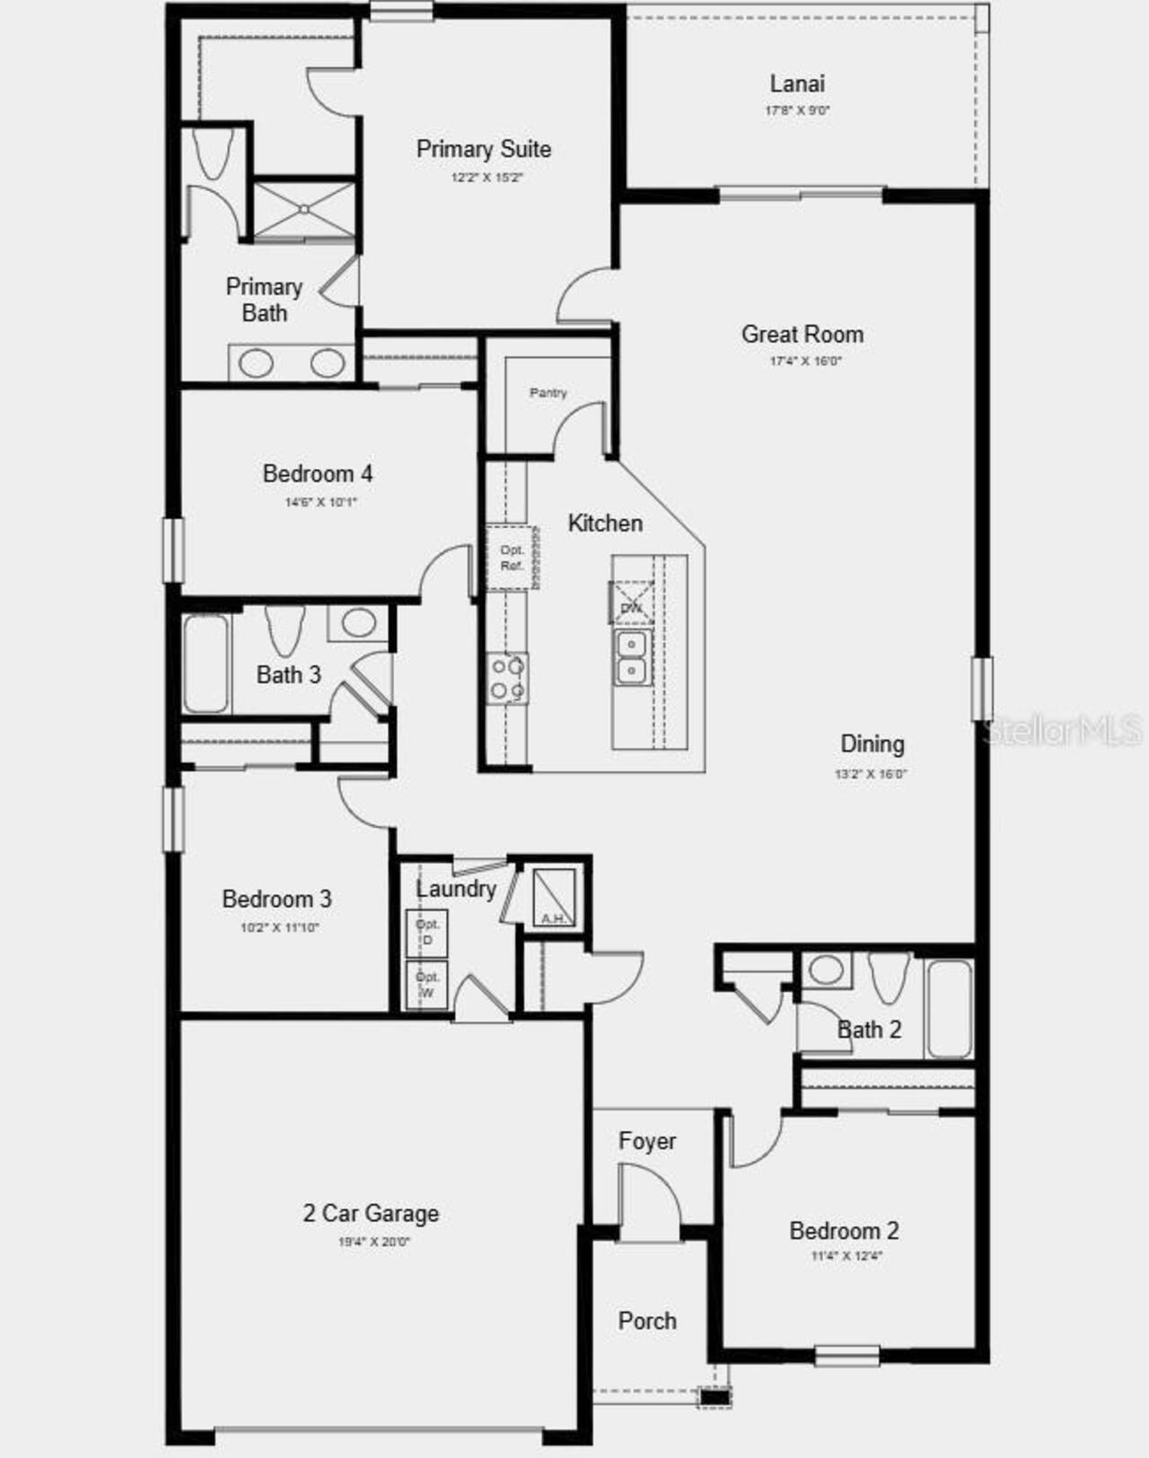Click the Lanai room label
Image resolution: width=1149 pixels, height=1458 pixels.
797,83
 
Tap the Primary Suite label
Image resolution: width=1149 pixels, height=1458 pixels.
484,149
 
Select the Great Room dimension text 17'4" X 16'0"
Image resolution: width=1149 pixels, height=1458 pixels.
805,362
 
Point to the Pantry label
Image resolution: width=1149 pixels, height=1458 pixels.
548,392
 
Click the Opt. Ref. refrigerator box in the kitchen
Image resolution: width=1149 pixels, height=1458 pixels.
512,558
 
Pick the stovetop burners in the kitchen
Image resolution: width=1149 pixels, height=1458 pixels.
506,678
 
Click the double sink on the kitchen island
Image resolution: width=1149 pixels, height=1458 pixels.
631,657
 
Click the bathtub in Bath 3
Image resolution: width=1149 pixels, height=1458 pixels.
206,663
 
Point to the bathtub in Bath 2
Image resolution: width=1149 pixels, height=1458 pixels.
949,1009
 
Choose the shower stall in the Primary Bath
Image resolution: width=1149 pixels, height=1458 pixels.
304,211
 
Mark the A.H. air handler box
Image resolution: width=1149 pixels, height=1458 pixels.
554,897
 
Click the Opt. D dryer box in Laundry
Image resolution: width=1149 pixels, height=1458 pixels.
427,933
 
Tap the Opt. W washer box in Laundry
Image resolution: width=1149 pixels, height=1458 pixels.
427,985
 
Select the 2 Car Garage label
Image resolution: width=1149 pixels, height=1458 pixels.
371,1214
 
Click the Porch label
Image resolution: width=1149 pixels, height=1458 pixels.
647,1321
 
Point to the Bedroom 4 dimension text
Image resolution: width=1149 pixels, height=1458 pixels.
320,502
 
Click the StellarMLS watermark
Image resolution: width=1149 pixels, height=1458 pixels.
1064,731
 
